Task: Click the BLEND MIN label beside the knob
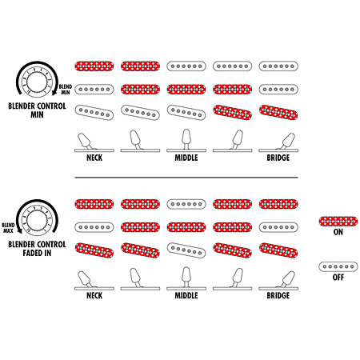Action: point(66,90)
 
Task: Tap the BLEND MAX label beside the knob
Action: point(8,228)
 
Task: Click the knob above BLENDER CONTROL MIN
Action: point(37,82)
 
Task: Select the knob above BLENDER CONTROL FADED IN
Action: point(37,220)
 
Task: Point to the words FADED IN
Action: point(37,253)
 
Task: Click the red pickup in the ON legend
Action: point(338,222)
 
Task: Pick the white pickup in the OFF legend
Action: point(338,266)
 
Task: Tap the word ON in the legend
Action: point(338,232)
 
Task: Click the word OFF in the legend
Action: point(338,278)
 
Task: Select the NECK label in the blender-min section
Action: point(94,158)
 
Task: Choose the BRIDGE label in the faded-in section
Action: point(278,295)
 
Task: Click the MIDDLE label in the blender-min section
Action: point(186,158)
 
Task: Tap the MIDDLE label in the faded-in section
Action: point(186,295)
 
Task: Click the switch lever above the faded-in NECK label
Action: point(85,279)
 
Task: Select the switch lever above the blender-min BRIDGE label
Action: point(287,142)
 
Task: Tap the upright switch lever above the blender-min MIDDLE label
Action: point(186,139)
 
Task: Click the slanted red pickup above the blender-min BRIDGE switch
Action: point(278,112)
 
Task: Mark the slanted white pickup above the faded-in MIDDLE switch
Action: point(186,250)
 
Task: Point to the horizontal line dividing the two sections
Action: point(186,178)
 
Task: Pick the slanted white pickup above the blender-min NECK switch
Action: point(94,112)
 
